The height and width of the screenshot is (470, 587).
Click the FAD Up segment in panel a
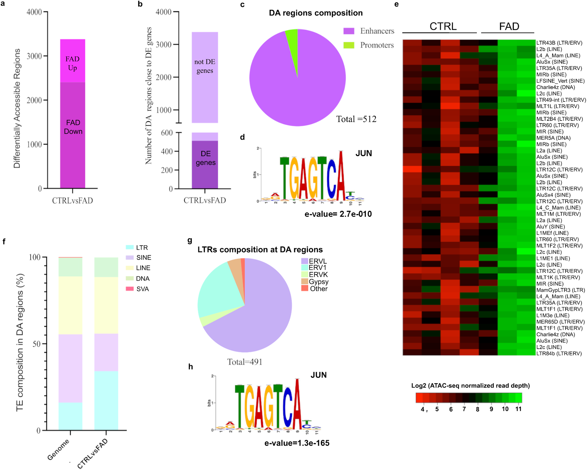[x=72, y=61]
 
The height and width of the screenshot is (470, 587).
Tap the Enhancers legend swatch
[x=349, y=31]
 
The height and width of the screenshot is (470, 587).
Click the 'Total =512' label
[x=356, y=119]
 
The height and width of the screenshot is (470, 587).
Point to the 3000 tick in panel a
[x=34, y=56]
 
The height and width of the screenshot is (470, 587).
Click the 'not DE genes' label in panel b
[x=205, y=66]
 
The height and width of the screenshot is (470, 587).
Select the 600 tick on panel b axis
[x=167, y=133]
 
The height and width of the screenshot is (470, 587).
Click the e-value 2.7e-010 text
[x=338, y=214]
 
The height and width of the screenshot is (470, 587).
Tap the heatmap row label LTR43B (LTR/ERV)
[x=559, y=43]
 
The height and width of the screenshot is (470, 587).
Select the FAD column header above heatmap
[x=509, y=26]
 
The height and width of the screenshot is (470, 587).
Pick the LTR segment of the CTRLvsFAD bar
[x=106, y=400]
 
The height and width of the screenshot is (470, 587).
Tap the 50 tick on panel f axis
[x=36, y=344]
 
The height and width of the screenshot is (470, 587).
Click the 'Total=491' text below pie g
[x=244, y=362]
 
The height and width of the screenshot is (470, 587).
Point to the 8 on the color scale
[x=478, y=409]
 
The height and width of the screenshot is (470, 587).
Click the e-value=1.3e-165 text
[x=297, y=443]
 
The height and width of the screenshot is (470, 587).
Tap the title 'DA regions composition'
[x=316, y=13]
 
